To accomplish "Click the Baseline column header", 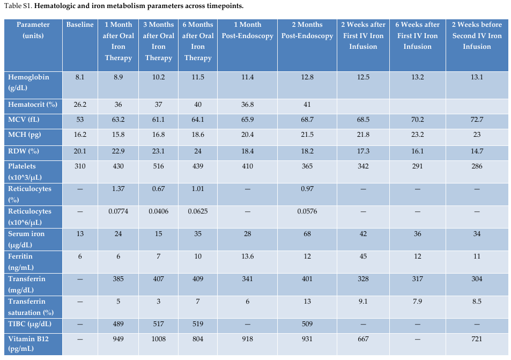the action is click(x=80, y=25).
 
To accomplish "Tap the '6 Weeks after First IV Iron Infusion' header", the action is click(x=418, y=35).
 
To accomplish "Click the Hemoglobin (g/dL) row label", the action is click(x=28, y=83).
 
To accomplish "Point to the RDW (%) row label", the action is click(x=24, y=151).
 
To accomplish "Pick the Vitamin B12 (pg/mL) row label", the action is click(x=28, y=344).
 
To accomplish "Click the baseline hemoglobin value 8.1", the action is click(x=80, y=77).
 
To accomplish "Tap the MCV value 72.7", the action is click(x=477, y=120).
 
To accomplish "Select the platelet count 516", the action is click(x=158, y=166).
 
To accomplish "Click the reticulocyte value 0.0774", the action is click(x=119, y=211).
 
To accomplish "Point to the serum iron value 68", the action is click(x=307, y=234).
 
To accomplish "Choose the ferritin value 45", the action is click(x=363, y=256).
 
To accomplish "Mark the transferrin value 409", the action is click(x=198, y=279).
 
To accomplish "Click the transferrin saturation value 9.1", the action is click(x=363, y=302).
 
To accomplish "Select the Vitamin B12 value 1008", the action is click(x=158, y=339).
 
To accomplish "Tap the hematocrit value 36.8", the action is click(x=247, y=105).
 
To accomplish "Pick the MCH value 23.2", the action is click(x=418, y=135).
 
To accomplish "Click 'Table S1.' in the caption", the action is click(x=18, y=6).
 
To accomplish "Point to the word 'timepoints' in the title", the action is click(x=227, y=6).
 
